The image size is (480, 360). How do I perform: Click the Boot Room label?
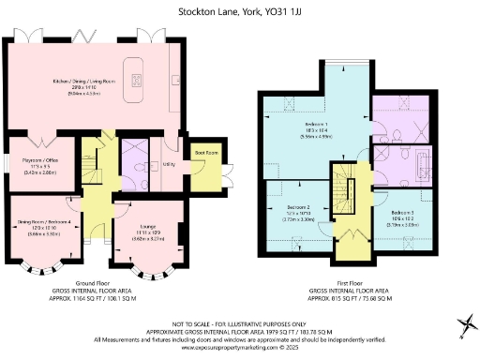click(205, 153)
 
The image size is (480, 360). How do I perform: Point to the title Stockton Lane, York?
click(240, 13)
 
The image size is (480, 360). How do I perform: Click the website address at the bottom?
click(240, 346)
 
